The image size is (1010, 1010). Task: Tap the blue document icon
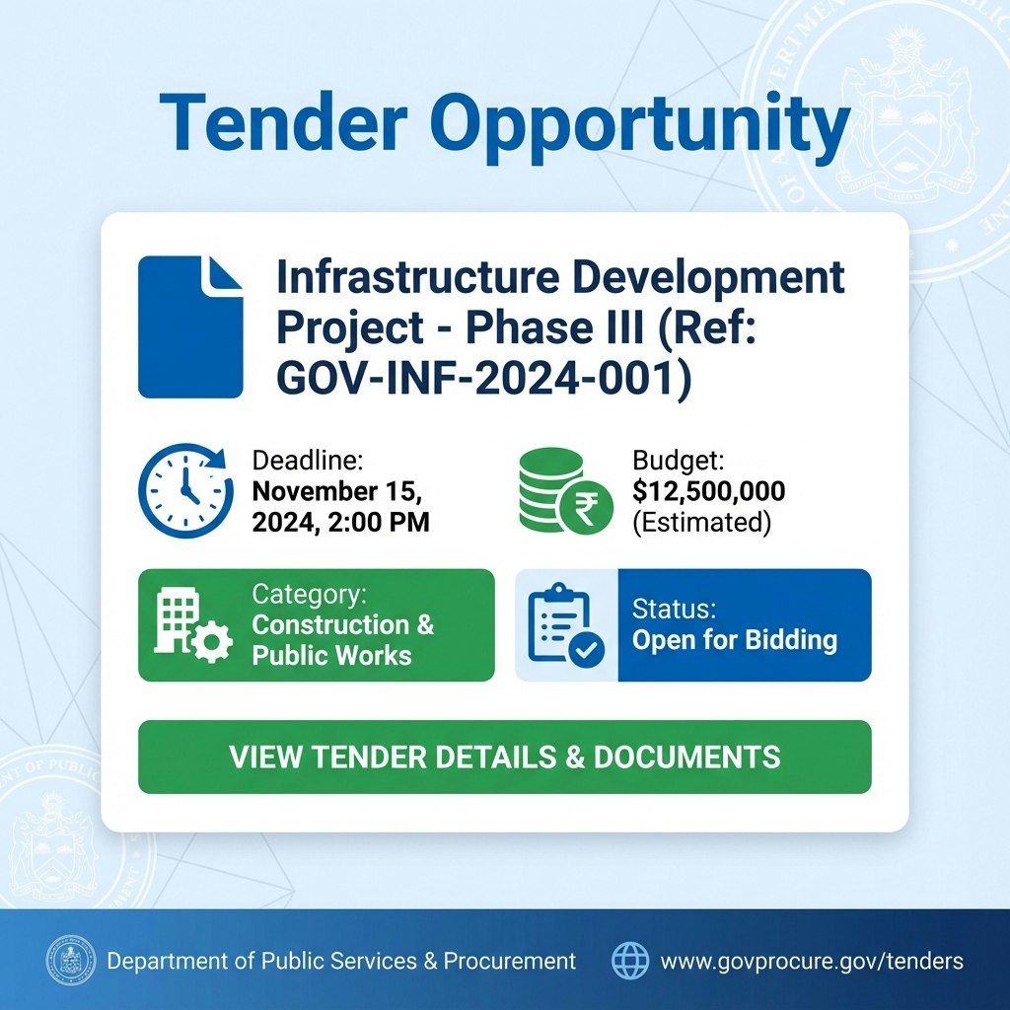click(190, 326)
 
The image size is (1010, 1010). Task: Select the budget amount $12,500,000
click(708, 490)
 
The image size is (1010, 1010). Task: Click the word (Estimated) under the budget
click(701, 522)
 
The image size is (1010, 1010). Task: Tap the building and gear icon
click(193, 625)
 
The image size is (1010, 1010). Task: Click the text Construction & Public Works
click(342, 640)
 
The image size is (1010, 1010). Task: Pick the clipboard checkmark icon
click(566, 625)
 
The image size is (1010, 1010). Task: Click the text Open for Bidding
click(735, 640)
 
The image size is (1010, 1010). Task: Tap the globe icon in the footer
click(630, 960)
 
